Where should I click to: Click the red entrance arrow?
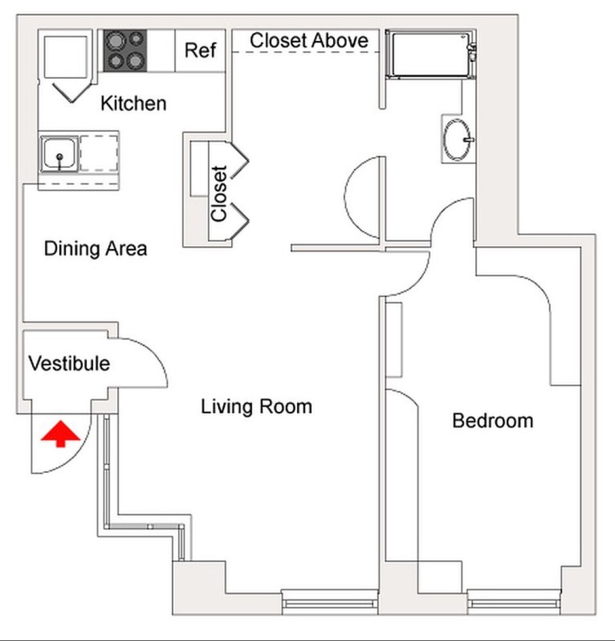click(60, 434)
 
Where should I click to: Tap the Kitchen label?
click(133, 103)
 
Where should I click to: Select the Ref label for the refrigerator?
click(200, 50)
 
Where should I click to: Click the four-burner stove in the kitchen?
click(125, 51)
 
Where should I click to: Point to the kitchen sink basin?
click(60, 154)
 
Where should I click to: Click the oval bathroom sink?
click(458, 140)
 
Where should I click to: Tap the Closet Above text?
click(309, 40)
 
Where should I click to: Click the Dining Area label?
click(96, 249)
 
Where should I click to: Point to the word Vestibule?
click(69, 363)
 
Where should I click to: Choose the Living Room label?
click(257, 406)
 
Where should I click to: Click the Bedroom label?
click(493, 420)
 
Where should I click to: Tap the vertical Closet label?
click(219, 194)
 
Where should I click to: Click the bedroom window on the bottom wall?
click(513, 603)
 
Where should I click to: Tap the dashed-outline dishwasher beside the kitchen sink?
click(99, 153)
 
